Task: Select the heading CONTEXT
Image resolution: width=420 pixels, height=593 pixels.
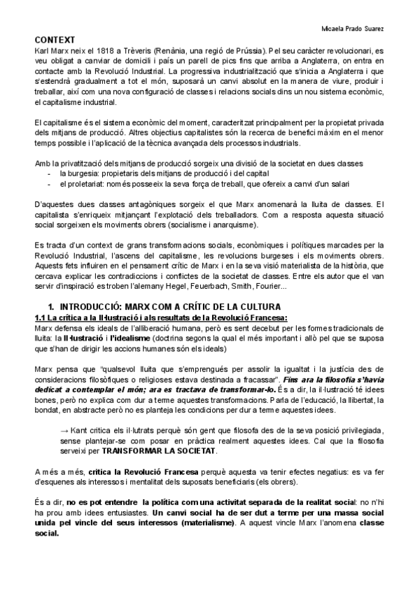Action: pos(55,41)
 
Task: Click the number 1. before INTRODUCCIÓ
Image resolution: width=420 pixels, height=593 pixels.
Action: pos(50,307)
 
